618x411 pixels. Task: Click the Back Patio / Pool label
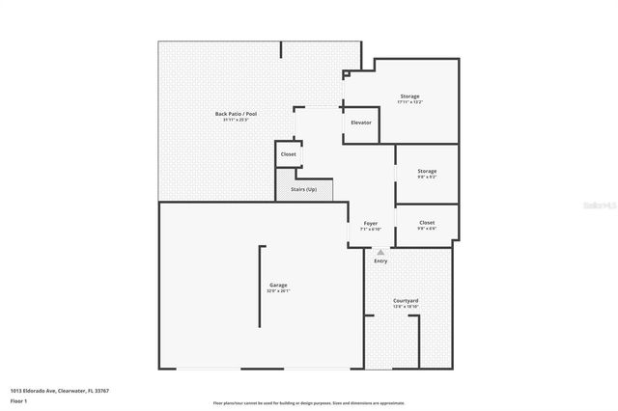pyautogui.click(x=236, y=114)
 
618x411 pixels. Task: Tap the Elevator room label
pyautogui.click(x=361, y=123)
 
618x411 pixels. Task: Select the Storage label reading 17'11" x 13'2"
pyautogui.click(x=410, y=96)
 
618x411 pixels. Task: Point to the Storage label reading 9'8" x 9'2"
pyautogui.click(x=427, y=171)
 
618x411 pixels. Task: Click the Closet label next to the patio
pyautogui.click(x=288, y=154)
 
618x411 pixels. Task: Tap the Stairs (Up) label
pyautogui.click(x=303, y=188)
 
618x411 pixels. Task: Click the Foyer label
pyautogui.click(x=370, y=223)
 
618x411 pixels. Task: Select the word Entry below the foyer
pyautogui.click(x=380, y=260)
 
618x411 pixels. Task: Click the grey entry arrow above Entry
pyautogui.click(x=380, y=252)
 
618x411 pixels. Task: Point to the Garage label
pyautogui.click(x=277, y=285)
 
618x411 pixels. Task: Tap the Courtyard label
pyautogui.click(x=406, y=300)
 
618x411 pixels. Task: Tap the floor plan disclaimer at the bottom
pyautogui.click(x=308, y=402)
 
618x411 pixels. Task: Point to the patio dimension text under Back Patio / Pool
pyautogui.click(x=236, y=120)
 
